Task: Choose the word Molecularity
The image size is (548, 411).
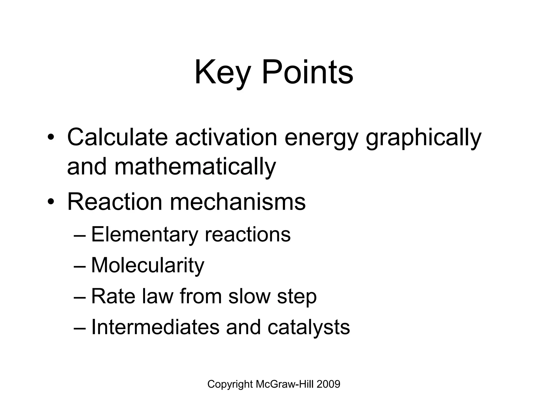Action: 148,265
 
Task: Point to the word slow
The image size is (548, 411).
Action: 249,296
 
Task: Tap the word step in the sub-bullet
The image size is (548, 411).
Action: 297,297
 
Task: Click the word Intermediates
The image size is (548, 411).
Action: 155,327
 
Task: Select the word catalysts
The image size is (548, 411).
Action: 309,328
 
